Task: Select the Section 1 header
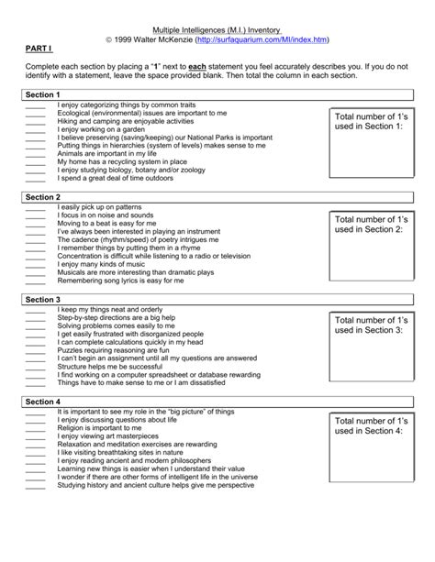tap(43, 95)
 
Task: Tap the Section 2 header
tap(43, 197)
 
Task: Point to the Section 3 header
tap(43, 300)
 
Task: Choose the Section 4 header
tap(43, 402)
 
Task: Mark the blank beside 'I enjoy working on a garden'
tap(35, 130)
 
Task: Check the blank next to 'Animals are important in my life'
tap(35, 155)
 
